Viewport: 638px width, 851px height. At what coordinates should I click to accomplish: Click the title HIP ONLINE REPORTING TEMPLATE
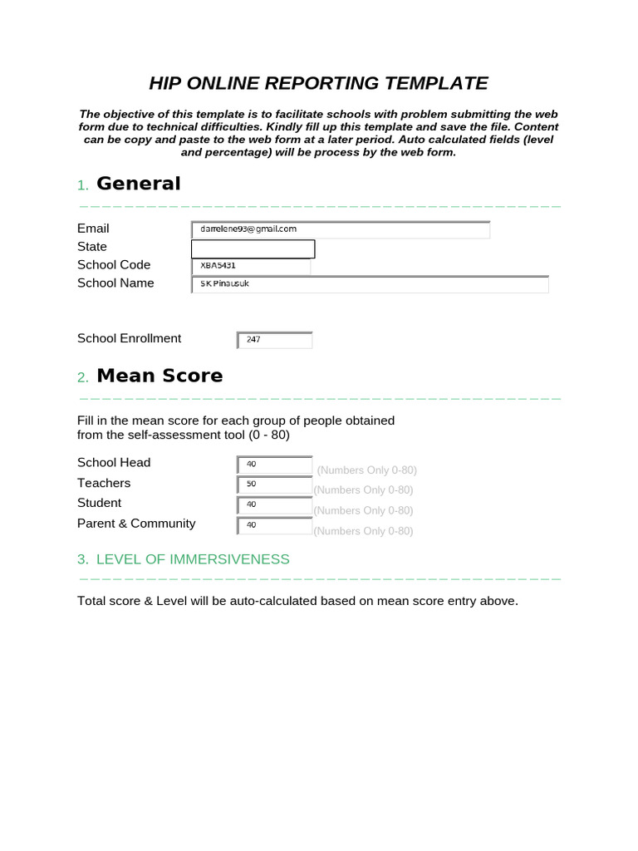[318, 83]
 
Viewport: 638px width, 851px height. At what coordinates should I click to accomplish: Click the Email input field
[341, 229]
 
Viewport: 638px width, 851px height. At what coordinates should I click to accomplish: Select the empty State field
[253, 248]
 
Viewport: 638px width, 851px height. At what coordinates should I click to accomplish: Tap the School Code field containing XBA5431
[251, 267]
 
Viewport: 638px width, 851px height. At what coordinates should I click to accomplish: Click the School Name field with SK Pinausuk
[370, 285]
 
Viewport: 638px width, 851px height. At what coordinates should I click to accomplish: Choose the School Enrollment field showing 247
[275, 340]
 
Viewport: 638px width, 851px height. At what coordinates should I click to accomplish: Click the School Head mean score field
[275, 465]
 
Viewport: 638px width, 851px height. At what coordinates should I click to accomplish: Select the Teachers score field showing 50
[275, 485]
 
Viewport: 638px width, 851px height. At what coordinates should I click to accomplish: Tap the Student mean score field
[275, 505]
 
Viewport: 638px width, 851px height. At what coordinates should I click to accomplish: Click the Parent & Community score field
[275, 525]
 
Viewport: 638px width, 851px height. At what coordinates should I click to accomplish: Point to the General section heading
[138, 184]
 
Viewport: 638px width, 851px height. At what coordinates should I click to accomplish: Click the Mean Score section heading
[159, 376]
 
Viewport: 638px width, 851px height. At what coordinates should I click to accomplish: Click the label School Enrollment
[129, 338]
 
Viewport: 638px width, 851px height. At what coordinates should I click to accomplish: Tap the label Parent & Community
[136, 524]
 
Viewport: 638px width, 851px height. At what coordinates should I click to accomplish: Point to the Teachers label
[104, 483]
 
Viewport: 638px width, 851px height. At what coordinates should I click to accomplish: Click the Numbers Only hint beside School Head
[366, 470]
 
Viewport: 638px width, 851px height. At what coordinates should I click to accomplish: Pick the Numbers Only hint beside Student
[363, 510]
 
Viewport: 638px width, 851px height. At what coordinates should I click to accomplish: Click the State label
[92, 247]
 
